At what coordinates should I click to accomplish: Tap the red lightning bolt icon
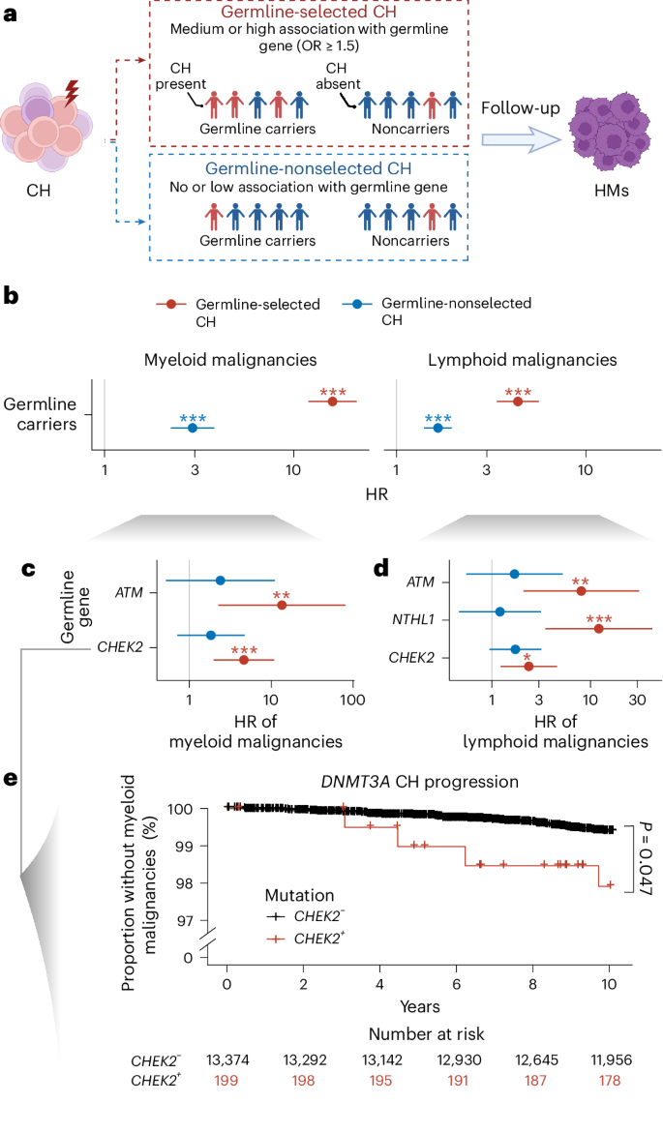(x=71, y=93)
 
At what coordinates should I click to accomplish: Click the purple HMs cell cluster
(x=612, y=135)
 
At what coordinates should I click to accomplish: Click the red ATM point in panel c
(x=282, y=605)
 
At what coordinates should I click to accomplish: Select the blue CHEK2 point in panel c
(x=211, y=635)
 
